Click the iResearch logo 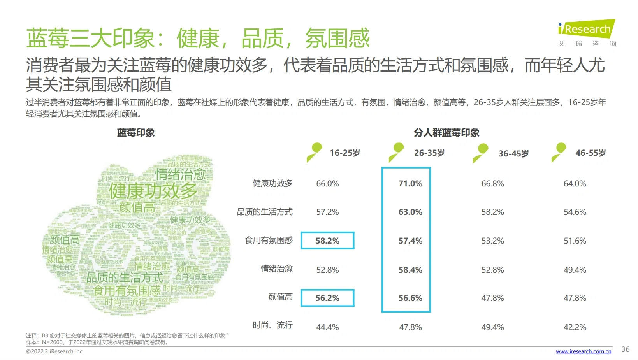coord(587,30)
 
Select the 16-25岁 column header coord(345,153)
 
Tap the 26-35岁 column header coord(429,153)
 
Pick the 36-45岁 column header coord(513,154)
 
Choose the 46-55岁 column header coord(591,153)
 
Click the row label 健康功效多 coord(272,183)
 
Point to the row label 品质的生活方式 coord(265,212)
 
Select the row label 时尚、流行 coord(272,325)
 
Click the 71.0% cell coord(410,183)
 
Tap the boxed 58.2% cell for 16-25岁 coord(327,241)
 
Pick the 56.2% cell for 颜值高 coord(327,298)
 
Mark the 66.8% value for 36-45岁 coord(492,183)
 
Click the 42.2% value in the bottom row coord(575,327)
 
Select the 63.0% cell coord(410,212)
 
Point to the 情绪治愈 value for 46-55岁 coord(575,270)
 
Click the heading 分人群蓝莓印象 coord(446,133)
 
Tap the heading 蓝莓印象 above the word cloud coord(136,133)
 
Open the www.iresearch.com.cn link coord(584,351)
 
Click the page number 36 coord(625,349)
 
